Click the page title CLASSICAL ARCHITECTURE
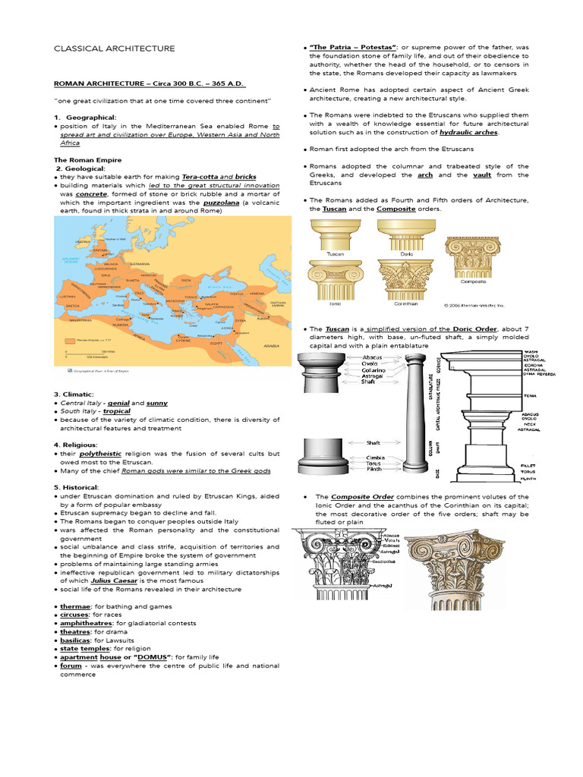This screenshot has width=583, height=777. (114, 49)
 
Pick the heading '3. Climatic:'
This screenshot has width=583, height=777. (74, 394)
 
